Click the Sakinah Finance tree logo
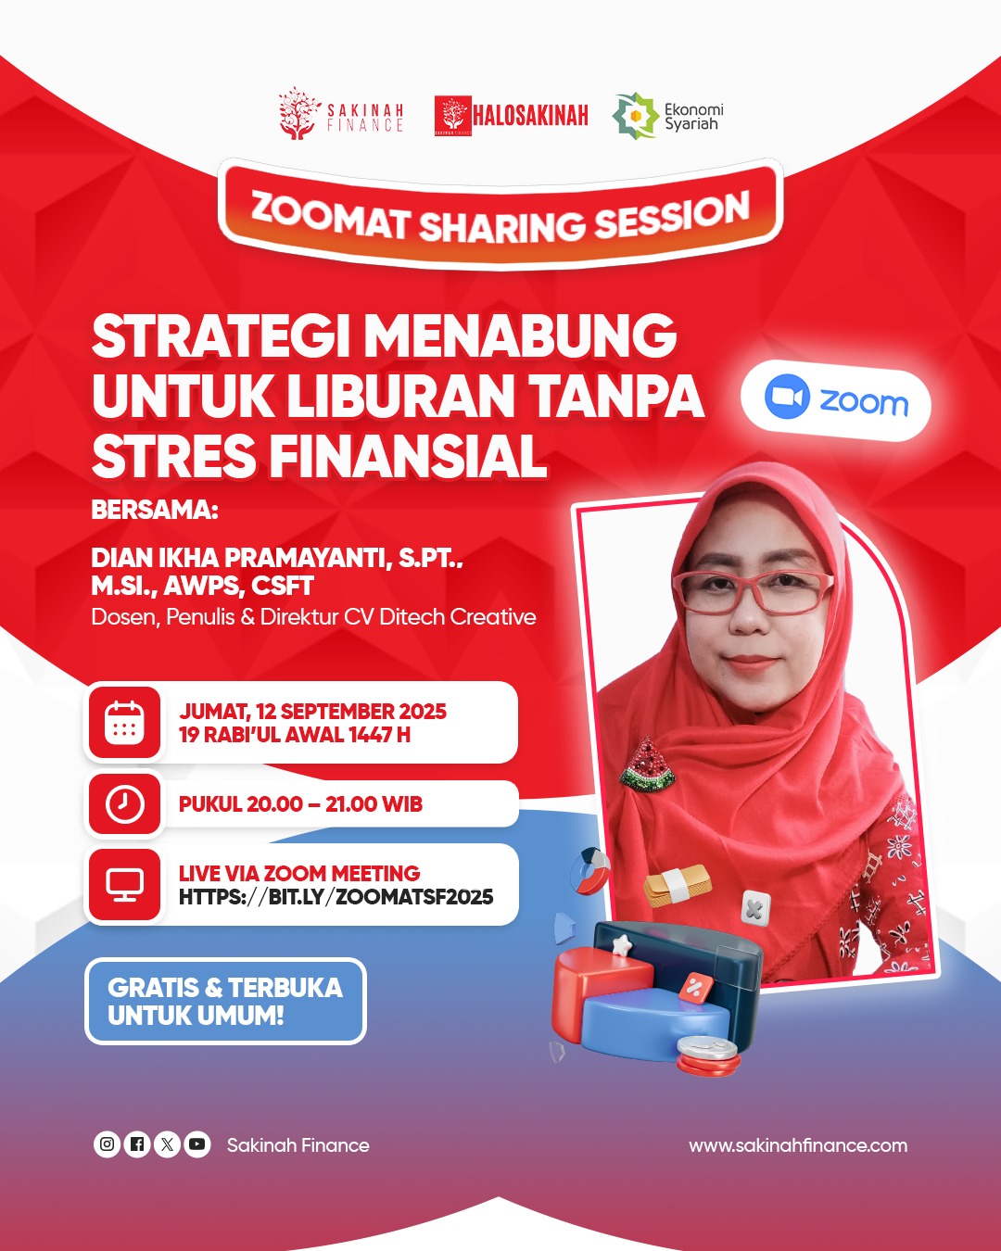click(299, 113)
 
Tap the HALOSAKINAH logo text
click(530, 116)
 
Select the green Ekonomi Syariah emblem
click(636, 116)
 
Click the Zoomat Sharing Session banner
click(500, 214)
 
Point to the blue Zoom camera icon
click(787, 396)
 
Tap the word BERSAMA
click(154, 510)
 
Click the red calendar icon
click(124, 723)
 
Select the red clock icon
click(124, 804)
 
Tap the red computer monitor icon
click(124, 884)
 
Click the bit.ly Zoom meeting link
click(336, 897)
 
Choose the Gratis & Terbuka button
click(225, 1001)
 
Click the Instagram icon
click(107, 1144)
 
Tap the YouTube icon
click(197, 1144)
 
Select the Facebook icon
click(137, 1144)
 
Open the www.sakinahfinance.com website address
click(798, 1145)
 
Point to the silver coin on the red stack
click(706, 1048)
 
